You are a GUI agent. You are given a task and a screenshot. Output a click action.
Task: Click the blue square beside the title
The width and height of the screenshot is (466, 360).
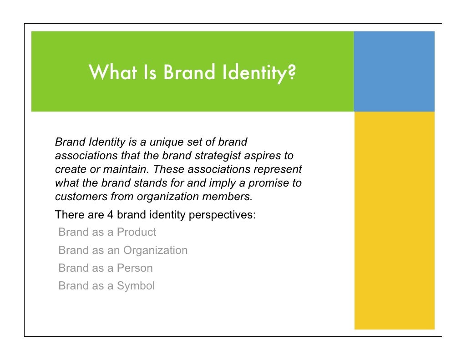[394, 71]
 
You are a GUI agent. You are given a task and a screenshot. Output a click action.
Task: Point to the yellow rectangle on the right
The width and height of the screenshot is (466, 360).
[394, 220]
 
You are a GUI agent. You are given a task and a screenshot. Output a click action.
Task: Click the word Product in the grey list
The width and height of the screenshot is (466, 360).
[136, 232]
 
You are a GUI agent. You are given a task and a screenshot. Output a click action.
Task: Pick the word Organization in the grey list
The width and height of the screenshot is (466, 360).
[155, 250]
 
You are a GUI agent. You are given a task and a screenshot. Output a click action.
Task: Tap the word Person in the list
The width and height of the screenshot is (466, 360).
[135, 268]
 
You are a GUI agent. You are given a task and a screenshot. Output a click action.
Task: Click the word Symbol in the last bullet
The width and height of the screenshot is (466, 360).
[136, 286]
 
